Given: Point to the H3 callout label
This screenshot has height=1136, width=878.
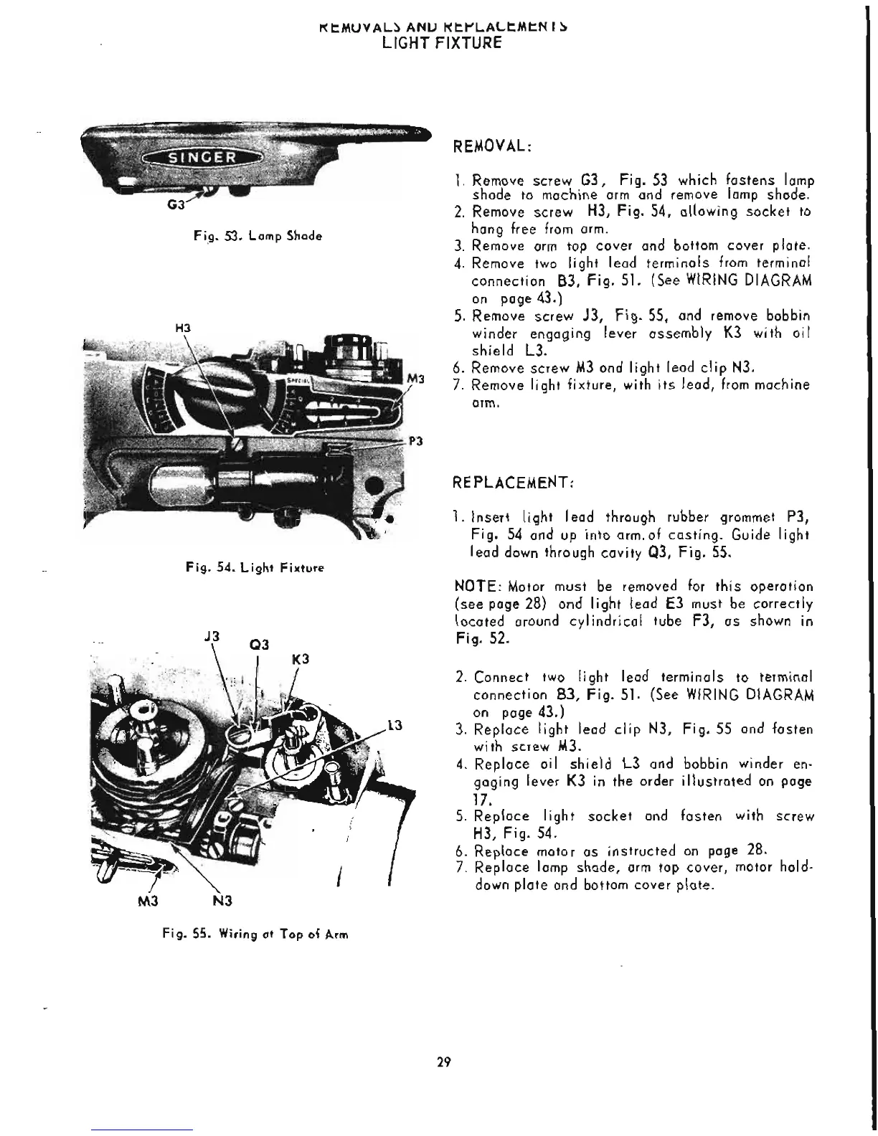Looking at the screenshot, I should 182,327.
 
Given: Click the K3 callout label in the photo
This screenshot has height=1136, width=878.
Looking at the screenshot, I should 301,658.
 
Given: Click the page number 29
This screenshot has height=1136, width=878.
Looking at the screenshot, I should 443,1063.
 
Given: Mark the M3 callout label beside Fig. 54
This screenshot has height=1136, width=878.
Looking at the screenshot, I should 417,378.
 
